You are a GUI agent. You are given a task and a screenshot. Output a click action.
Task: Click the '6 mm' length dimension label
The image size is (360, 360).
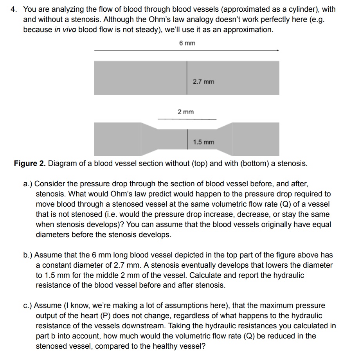tap(187, 43)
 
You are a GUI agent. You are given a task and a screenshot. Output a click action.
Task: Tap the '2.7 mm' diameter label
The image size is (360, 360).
tap(203, 82)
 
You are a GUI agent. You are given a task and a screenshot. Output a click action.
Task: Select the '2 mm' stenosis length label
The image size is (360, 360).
tap(185, 112)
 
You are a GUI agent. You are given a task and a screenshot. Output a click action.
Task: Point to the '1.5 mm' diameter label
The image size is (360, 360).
tap(203, 142)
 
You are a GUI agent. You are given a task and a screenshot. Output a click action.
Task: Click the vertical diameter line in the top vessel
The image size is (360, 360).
tap(187, 77)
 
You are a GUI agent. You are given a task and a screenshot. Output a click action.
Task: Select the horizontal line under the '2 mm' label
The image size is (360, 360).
tap(187, 119)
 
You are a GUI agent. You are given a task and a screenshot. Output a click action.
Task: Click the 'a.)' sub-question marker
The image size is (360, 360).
tap(28, 184)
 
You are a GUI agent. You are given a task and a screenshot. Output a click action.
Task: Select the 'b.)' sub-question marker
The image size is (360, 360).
tap(28, 255)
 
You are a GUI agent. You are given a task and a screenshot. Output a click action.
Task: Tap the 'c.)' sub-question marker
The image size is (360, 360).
tap(28, 305)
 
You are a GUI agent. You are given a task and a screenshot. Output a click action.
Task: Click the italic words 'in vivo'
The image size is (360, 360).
tap(65, 30)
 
